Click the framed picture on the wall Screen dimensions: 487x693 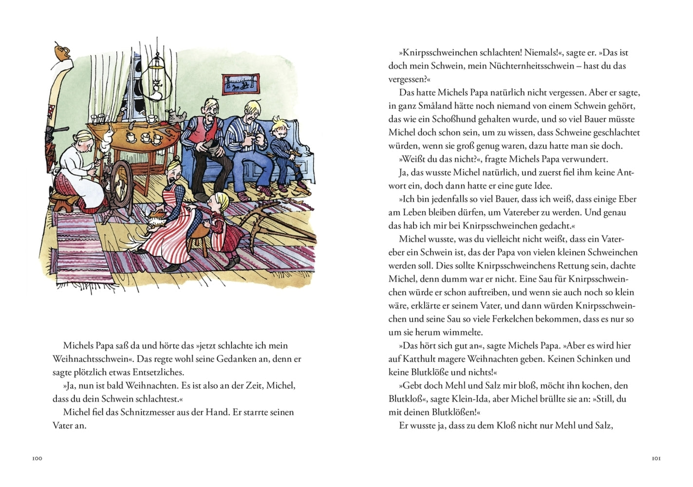coord(241,84)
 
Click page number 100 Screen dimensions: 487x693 coord(37,458)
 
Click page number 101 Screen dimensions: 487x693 coord(656,458)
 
